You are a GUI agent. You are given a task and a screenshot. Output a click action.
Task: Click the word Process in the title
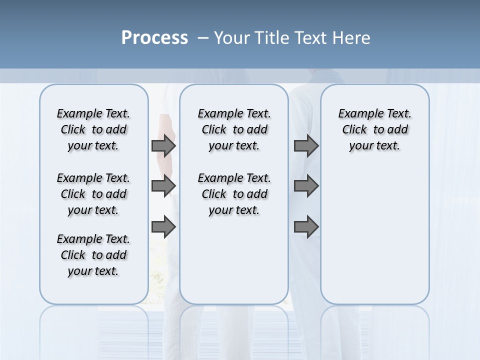point(154,38)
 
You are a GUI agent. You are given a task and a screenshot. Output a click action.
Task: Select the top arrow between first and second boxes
point(163,145)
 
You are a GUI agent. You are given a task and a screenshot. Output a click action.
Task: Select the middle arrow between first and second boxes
point(163,186)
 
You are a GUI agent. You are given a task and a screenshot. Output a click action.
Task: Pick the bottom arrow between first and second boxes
point(163,227)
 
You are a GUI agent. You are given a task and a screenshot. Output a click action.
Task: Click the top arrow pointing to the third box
point(306,145)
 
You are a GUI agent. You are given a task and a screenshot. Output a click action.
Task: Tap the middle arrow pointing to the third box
point(306,186)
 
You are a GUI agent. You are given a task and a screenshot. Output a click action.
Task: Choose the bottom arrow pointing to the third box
point(306,227)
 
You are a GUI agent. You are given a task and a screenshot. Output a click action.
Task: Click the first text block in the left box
point(93,129)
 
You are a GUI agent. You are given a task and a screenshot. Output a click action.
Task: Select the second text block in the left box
point(93,194)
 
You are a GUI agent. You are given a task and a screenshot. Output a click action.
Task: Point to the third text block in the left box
point(93,255)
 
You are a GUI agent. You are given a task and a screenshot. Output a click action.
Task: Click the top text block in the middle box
point(234,129)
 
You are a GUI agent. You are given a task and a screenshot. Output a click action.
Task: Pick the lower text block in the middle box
point(234,194)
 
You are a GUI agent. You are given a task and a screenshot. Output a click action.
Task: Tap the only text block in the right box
point(374,129)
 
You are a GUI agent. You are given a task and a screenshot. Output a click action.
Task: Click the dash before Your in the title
point(203,38)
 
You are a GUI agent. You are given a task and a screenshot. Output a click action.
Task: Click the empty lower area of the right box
point(374,240)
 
